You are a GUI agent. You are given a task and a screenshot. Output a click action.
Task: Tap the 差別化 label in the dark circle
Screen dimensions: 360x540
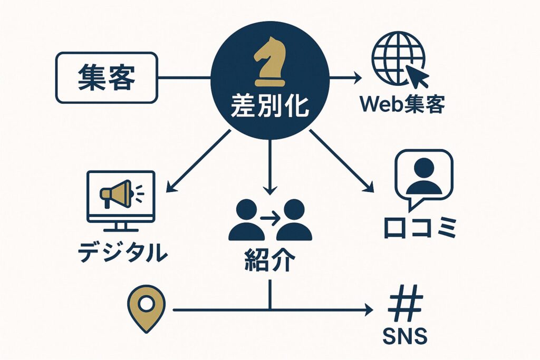click(x=269, y=107)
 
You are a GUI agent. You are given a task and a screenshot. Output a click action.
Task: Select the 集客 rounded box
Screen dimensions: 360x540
click(x=106, y=77)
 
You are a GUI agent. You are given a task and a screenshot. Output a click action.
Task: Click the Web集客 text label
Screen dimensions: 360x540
click(x=402, y=105)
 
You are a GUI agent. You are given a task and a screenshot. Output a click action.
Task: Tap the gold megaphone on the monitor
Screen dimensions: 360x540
click(x=115, y=192)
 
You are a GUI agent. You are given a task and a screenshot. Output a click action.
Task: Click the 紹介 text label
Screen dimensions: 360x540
click(x=269, y=260)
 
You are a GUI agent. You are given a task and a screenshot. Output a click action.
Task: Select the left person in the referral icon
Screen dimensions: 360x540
click(x=246, y=220)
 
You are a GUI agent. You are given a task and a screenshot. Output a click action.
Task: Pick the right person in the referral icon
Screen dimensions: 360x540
click(x=293, y=220)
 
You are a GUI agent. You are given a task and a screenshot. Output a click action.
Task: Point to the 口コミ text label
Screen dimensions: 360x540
click(x=419, y=229)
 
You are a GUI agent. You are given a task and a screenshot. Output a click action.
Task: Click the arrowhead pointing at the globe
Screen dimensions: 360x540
click(x=358, y=79)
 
